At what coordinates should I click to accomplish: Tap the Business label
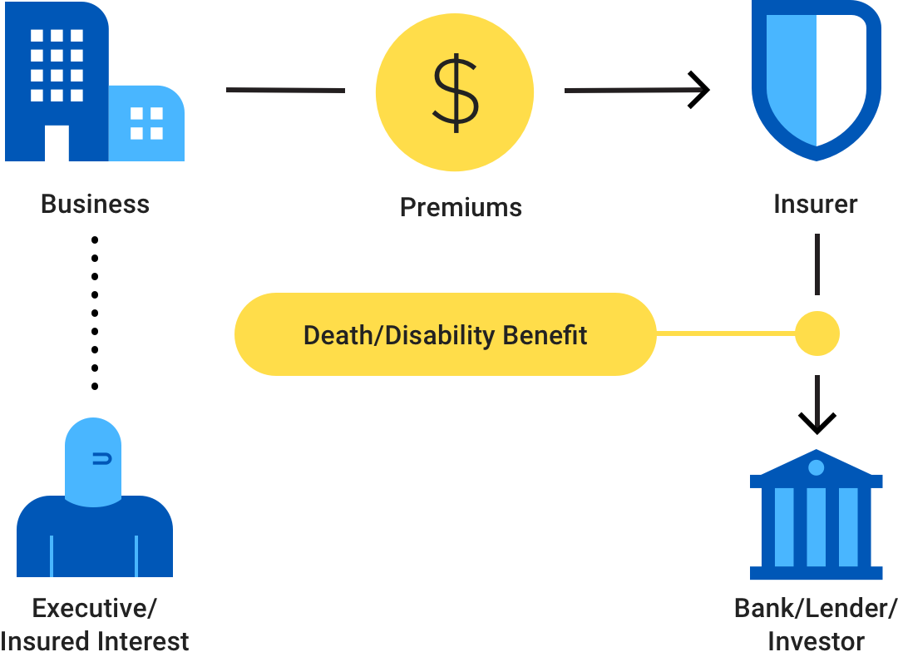click(x=95, y=205)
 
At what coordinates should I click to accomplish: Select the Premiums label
click(x=461, y=207)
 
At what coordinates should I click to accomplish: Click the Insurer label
click(x=816, y=205)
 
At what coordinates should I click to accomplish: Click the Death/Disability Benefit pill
click(x=445, y=334)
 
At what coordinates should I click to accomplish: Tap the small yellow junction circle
click(x=817, y=334)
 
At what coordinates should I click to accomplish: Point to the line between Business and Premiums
click(x=285, y=90)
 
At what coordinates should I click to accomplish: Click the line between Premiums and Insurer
click(x=633, y=90)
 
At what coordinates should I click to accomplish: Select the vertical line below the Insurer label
click(x=817, y=264)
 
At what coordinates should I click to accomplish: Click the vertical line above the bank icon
click(x=817, y=401)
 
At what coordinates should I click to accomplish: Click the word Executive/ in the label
click(x=94, y=609)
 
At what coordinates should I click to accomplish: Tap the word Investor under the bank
click(x=816, y=641)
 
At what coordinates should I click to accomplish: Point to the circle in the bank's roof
click(x=816, y=467)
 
